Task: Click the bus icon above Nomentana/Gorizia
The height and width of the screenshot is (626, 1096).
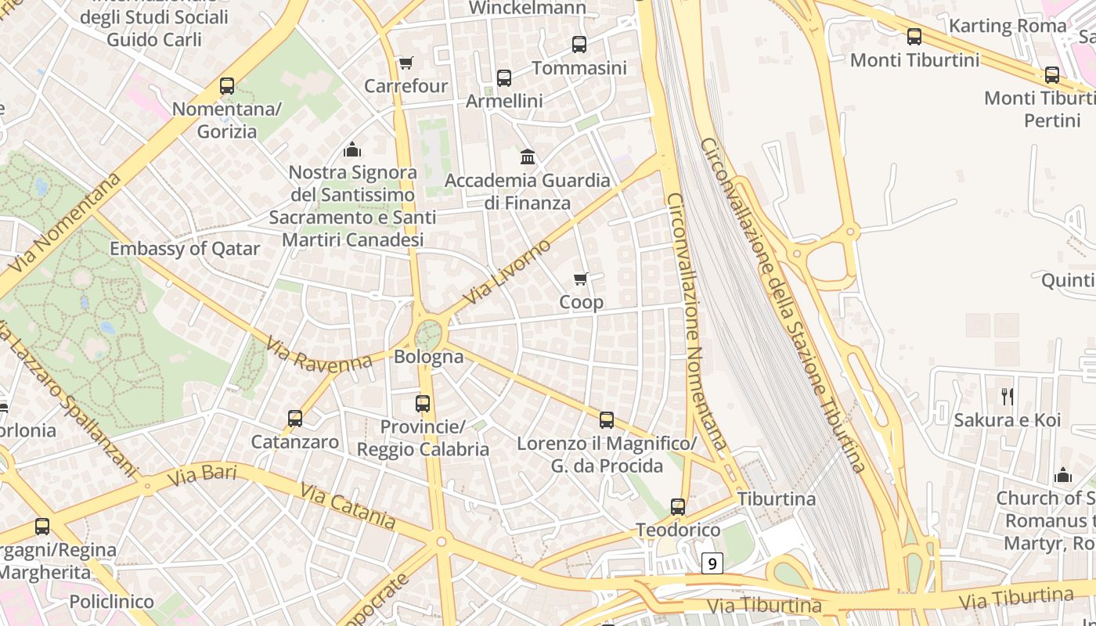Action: pyautogui.click(x=227, y=86)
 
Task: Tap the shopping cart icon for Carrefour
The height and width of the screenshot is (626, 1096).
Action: pyautogui.click(x=406, y=63)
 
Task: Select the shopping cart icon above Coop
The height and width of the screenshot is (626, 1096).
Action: pyautogui.click(x=581, y=279)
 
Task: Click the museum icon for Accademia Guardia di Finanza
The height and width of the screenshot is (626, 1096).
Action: pyautogui.click(x=528, y=157)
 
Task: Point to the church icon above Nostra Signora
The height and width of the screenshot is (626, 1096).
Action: pyautogui.click(x=352, y=149)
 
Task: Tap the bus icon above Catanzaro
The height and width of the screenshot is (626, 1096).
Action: pyautogui.click(x=295, y=419)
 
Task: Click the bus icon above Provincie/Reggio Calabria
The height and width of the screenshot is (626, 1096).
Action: pyautogui.click(x=423, y=404)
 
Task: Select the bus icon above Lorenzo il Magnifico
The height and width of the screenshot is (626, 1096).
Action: pyautogui.click(x=607, y=420)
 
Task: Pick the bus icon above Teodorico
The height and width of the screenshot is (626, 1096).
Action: pyautogui.click(x=678, y=507)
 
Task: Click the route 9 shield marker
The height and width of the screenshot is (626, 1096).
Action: pyautogui.click(x=711, y=563)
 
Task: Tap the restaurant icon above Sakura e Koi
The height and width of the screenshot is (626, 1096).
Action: pyautogui.click(x=1008, y=397)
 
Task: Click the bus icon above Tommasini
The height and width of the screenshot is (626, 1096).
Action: pyautogui.click(x=579, y=45)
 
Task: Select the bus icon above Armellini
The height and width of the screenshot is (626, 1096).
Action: pyautogui.click(x=504, y=78)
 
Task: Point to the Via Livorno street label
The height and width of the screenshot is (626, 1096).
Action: pyautogui.click(x=507, y=273)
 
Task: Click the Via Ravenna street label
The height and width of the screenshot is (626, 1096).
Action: pyautogui.click(x=318, y=354)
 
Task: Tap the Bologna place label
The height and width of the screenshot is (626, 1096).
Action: pyautogui.click(x=428, y=357)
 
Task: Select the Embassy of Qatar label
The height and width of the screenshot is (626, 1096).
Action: pyautogui.click(x=185, y=249)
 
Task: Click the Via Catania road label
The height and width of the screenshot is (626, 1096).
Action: pyautogui.click(x=348, y=505)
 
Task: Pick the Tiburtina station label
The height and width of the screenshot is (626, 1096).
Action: pyautogui.click(x=776, y=498)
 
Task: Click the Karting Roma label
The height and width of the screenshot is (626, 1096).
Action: pyautogui.click(x=1008, y=26)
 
